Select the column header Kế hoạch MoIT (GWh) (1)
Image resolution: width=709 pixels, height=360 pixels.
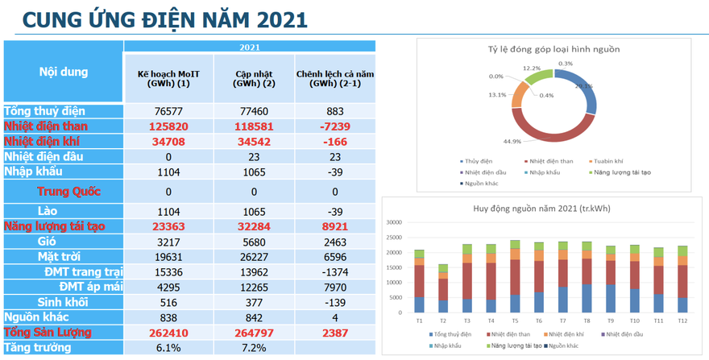coord(169,78)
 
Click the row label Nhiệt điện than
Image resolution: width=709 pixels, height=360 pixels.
coord(46,126)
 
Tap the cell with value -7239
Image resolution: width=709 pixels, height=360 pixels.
coord(335,126)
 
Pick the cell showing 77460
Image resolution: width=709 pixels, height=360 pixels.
coord(254,111)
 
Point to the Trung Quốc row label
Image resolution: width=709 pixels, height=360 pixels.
coord(68,192)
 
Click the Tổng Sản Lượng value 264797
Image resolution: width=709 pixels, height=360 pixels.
coord(254,332)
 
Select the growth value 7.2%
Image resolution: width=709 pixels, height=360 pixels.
coord(254,348)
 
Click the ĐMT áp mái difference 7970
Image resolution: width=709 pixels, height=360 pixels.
coord(335,287)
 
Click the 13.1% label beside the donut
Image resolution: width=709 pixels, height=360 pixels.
coord(497,95)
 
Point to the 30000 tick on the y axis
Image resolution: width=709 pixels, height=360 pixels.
coord(394,222)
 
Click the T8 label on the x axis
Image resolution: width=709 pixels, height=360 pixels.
coord(587,321)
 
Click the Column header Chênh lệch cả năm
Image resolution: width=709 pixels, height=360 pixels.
coord(335,78)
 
